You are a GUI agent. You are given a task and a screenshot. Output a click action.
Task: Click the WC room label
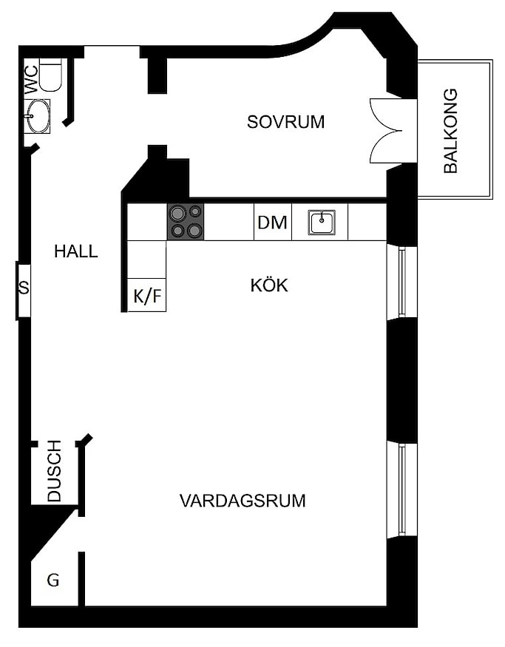31,79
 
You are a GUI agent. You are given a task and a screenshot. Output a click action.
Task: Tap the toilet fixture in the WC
51,75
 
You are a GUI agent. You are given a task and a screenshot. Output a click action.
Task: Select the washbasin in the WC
38,116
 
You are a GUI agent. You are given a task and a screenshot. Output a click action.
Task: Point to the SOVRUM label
285,122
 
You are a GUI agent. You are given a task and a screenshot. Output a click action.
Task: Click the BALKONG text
450,130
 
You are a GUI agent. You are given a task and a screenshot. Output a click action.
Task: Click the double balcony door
386,131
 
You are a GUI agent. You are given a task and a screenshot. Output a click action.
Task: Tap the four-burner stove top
186,222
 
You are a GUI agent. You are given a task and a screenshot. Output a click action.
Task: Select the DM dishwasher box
272,222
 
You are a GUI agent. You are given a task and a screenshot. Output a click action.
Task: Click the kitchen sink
322,223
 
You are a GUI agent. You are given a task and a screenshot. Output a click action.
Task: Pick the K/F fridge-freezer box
147,295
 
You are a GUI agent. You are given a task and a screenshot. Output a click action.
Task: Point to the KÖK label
269,285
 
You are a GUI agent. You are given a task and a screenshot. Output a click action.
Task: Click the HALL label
76,251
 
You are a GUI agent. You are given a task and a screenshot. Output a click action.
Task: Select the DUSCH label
54,471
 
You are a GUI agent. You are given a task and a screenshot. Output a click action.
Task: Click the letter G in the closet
52,580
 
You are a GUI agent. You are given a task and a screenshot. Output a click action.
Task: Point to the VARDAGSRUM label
243,501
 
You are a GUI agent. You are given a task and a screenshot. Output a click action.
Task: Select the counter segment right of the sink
367,222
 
